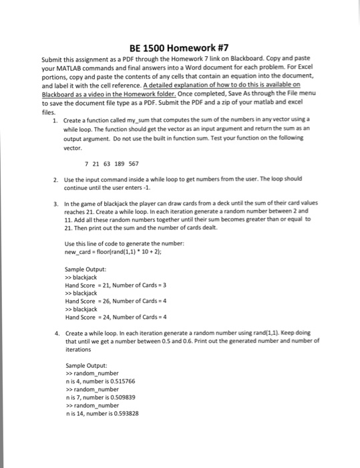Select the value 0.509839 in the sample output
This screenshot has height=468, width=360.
pyautogui.click(x=126, y=396)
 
